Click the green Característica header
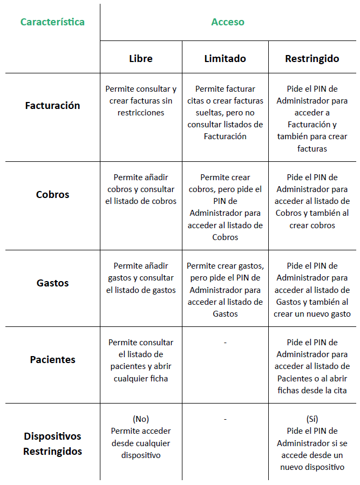pos(52,22)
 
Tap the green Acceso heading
pos(227,22)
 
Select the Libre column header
pos(140,58)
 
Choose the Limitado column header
pos(225,58)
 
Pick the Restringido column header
pos(312,58)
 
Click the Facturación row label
pos(52,106)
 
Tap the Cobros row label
pos(52,194)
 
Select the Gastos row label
pos(52,283)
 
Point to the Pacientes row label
pos(52,359)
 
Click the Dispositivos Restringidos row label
pos(52,443)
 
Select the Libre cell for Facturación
pos(140,101)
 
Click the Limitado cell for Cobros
pos(225,207)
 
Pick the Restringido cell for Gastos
pos(312,290)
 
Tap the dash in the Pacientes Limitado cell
pos(225,343)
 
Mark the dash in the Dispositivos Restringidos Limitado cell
pos(225,419)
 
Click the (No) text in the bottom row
pos(140,419)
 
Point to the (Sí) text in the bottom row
pos(312,419)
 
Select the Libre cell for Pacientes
pos(140,360)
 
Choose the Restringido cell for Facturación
pos(312,119)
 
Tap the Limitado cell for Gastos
pos(225,290)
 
